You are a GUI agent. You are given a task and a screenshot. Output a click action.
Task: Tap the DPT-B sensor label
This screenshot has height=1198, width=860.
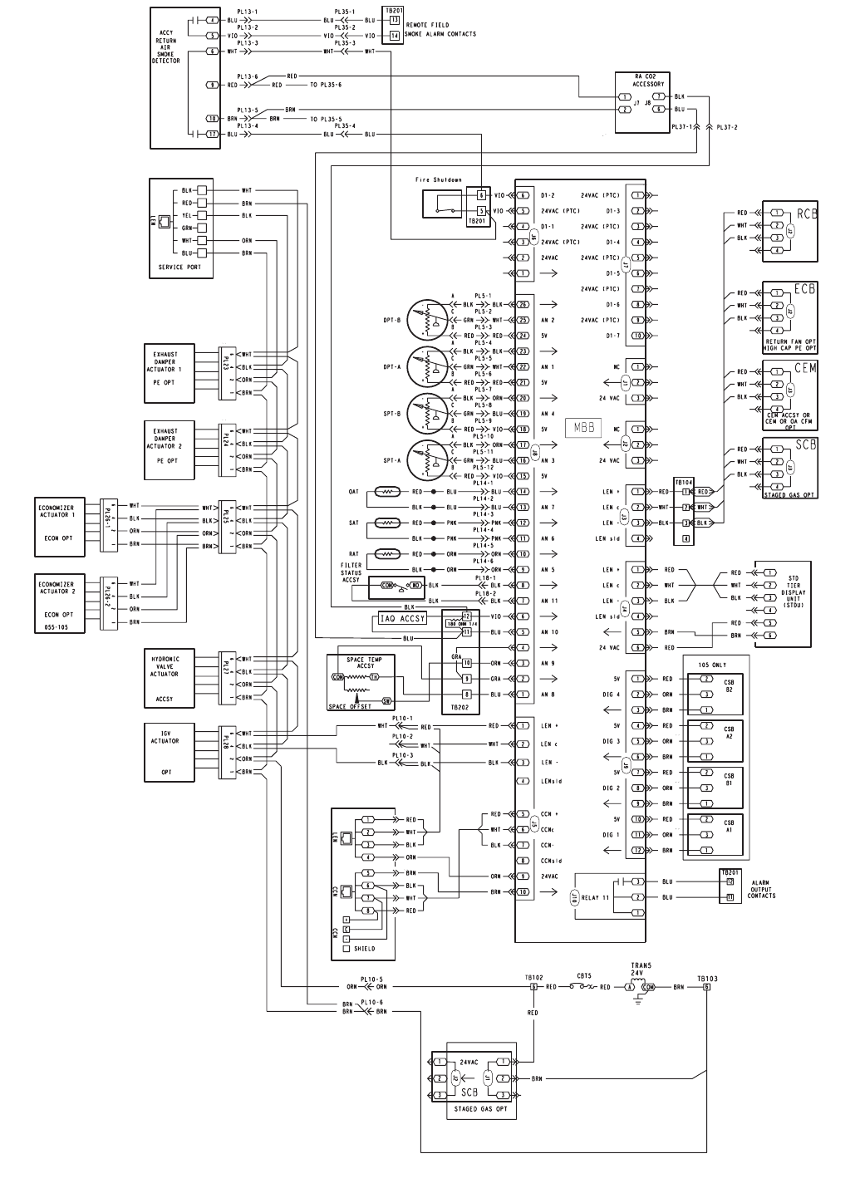pyautogui.click(x=392, y=319)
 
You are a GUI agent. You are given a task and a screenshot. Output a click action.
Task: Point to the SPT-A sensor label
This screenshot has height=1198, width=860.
pyautogui.click(x=392, y=460)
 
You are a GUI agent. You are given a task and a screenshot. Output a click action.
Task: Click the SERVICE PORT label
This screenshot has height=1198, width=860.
pyautogui.click(x=179, y=268)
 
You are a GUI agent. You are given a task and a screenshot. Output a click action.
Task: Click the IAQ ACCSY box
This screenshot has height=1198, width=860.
pyautogui.click(x=402, y=618)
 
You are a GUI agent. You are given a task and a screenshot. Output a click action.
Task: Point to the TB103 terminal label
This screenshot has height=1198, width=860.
pyautogui.click(x=707, y=979)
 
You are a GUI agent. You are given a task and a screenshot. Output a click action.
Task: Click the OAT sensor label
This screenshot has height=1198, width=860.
pyautogui.click(x=353, y=492)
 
